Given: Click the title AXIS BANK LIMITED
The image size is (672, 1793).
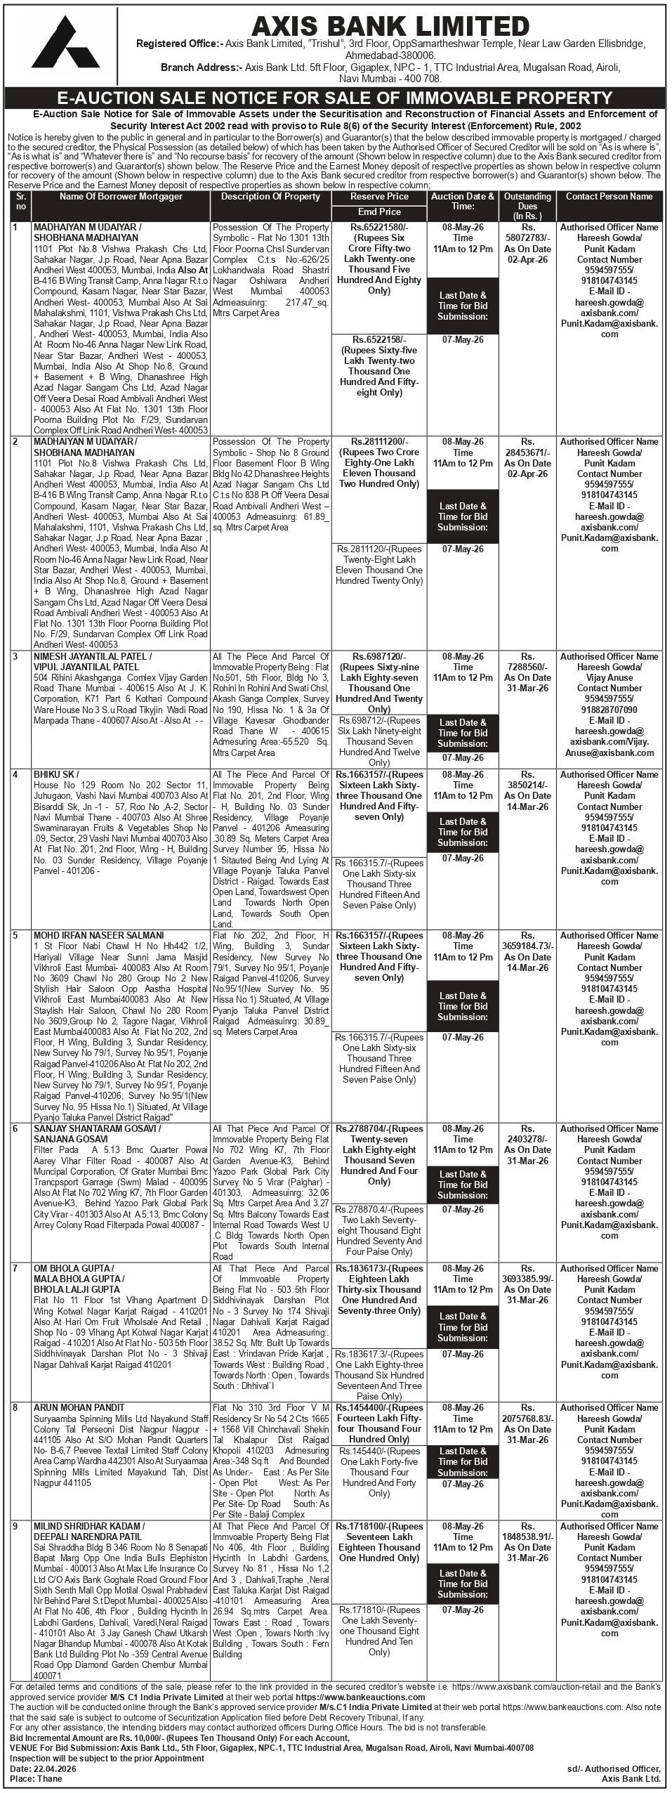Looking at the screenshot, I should [390, 26].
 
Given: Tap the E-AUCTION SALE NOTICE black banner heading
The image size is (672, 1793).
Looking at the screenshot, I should [336, 98].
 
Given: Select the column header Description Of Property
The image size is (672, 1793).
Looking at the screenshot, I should [270, 197].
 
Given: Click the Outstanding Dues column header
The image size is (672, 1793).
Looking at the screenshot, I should [527, 206].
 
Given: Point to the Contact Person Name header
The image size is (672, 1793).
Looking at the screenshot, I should [609, 197].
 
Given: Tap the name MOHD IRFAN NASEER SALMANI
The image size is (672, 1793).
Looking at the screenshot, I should [98, 935].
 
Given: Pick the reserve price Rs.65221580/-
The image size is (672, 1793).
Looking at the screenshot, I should [379, 228].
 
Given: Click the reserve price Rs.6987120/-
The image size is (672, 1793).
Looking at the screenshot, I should [379, 656].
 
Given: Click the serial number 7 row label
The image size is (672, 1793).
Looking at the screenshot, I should [15, 1268].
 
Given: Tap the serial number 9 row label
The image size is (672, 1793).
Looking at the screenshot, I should [15, 1526].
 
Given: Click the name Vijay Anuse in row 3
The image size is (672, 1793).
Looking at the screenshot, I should [609, 677].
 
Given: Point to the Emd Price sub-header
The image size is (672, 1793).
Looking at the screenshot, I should [379, 211].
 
